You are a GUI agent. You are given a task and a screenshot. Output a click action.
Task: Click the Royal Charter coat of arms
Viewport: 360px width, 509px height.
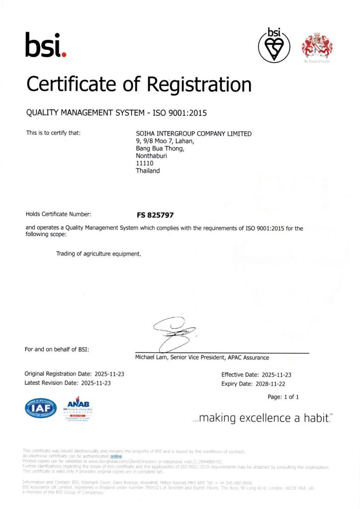[317, 46]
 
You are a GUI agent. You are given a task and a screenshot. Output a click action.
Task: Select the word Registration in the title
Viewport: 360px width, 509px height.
[199, 84]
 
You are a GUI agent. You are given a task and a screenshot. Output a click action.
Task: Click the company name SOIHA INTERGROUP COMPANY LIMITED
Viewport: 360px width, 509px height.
[194, 134]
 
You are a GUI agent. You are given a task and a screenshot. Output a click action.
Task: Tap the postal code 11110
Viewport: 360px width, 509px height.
[144, 163]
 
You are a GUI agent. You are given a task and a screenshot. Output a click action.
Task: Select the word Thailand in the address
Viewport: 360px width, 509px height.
[148, 170]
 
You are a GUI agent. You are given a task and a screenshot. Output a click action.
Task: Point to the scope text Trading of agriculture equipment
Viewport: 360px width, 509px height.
[99, 254]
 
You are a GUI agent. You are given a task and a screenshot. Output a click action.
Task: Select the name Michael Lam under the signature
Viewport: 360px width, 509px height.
[152, 357]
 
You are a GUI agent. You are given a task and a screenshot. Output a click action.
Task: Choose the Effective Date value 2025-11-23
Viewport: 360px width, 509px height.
[276, 374]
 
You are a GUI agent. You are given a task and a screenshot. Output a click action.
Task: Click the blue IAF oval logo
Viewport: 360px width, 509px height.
[41, 409]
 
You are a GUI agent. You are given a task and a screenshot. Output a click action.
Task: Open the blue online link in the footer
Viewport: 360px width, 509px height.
[116, 456]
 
